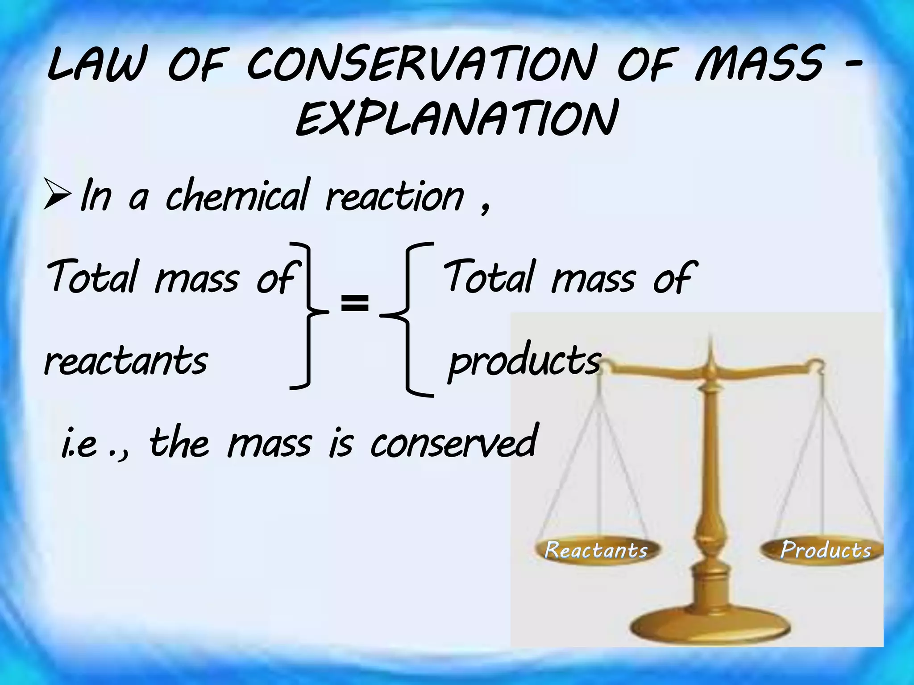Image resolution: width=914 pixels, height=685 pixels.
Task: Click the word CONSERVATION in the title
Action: (422, 67)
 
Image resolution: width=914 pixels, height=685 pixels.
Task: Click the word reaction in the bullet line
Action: (395, 196)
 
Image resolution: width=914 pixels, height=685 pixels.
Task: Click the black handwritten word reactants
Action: (126, 361)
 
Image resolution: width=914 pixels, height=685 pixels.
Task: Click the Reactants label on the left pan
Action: (596, 550)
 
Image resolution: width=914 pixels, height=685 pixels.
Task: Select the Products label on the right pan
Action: (826, 550)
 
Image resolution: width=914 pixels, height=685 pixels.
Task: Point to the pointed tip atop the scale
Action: (711, 343)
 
